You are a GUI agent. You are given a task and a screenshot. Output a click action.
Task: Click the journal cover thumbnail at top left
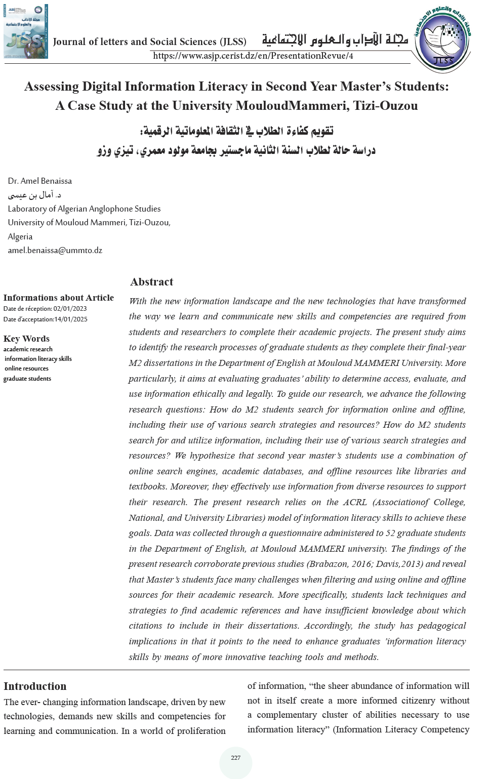coord(25,31)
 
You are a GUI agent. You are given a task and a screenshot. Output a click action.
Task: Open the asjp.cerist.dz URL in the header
coord(253,56)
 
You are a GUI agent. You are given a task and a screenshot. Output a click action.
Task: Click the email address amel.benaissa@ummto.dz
coord(55,251)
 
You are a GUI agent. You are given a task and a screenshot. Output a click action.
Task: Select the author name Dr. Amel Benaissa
coord(40,181)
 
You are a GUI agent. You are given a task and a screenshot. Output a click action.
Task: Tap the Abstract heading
coord(151,282)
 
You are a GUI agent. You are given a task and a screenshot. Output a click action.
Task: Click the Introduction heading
coord(35,686)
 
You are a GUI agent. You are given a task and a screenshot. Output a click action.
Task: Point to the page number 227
coord(235,758)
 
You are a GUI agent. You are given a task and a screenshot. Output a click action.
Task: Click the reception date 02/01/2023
coord(70,309)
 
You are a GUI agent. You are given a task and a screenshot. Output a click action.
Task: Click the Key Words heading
coord(26,339)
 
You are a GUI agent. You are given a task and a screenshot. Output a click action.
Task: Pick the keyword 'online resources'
coord(26,368)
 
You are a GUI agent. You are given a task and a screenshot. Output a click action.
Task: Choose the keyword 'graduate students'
coord(27,379)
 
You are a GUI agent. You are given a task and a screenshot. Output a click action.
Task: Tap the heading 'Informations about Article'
coord(58,298)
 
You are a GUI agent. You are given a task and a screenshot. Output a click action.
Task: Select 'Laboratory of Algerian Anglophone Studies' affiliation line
coord(84,209)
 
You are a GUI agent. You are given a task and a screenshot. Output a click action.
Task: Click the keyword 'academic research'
coord(28,349)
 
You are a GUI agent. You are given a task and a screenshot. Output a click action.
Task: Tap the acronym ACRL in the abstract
coord(355,502)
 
